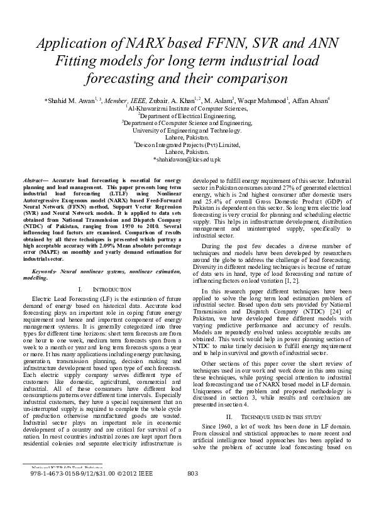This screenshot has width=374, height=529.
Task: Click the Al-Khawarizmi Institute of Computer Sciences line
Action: (187, 108)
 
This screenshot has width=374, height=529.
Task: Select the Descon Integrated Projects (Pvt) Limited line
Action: (187, 145)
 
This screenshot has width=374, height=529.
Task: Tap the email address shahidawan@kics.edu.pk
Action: (187, 160)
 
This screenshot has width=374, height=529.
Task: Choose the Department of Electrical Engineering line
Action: (187, 116)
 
